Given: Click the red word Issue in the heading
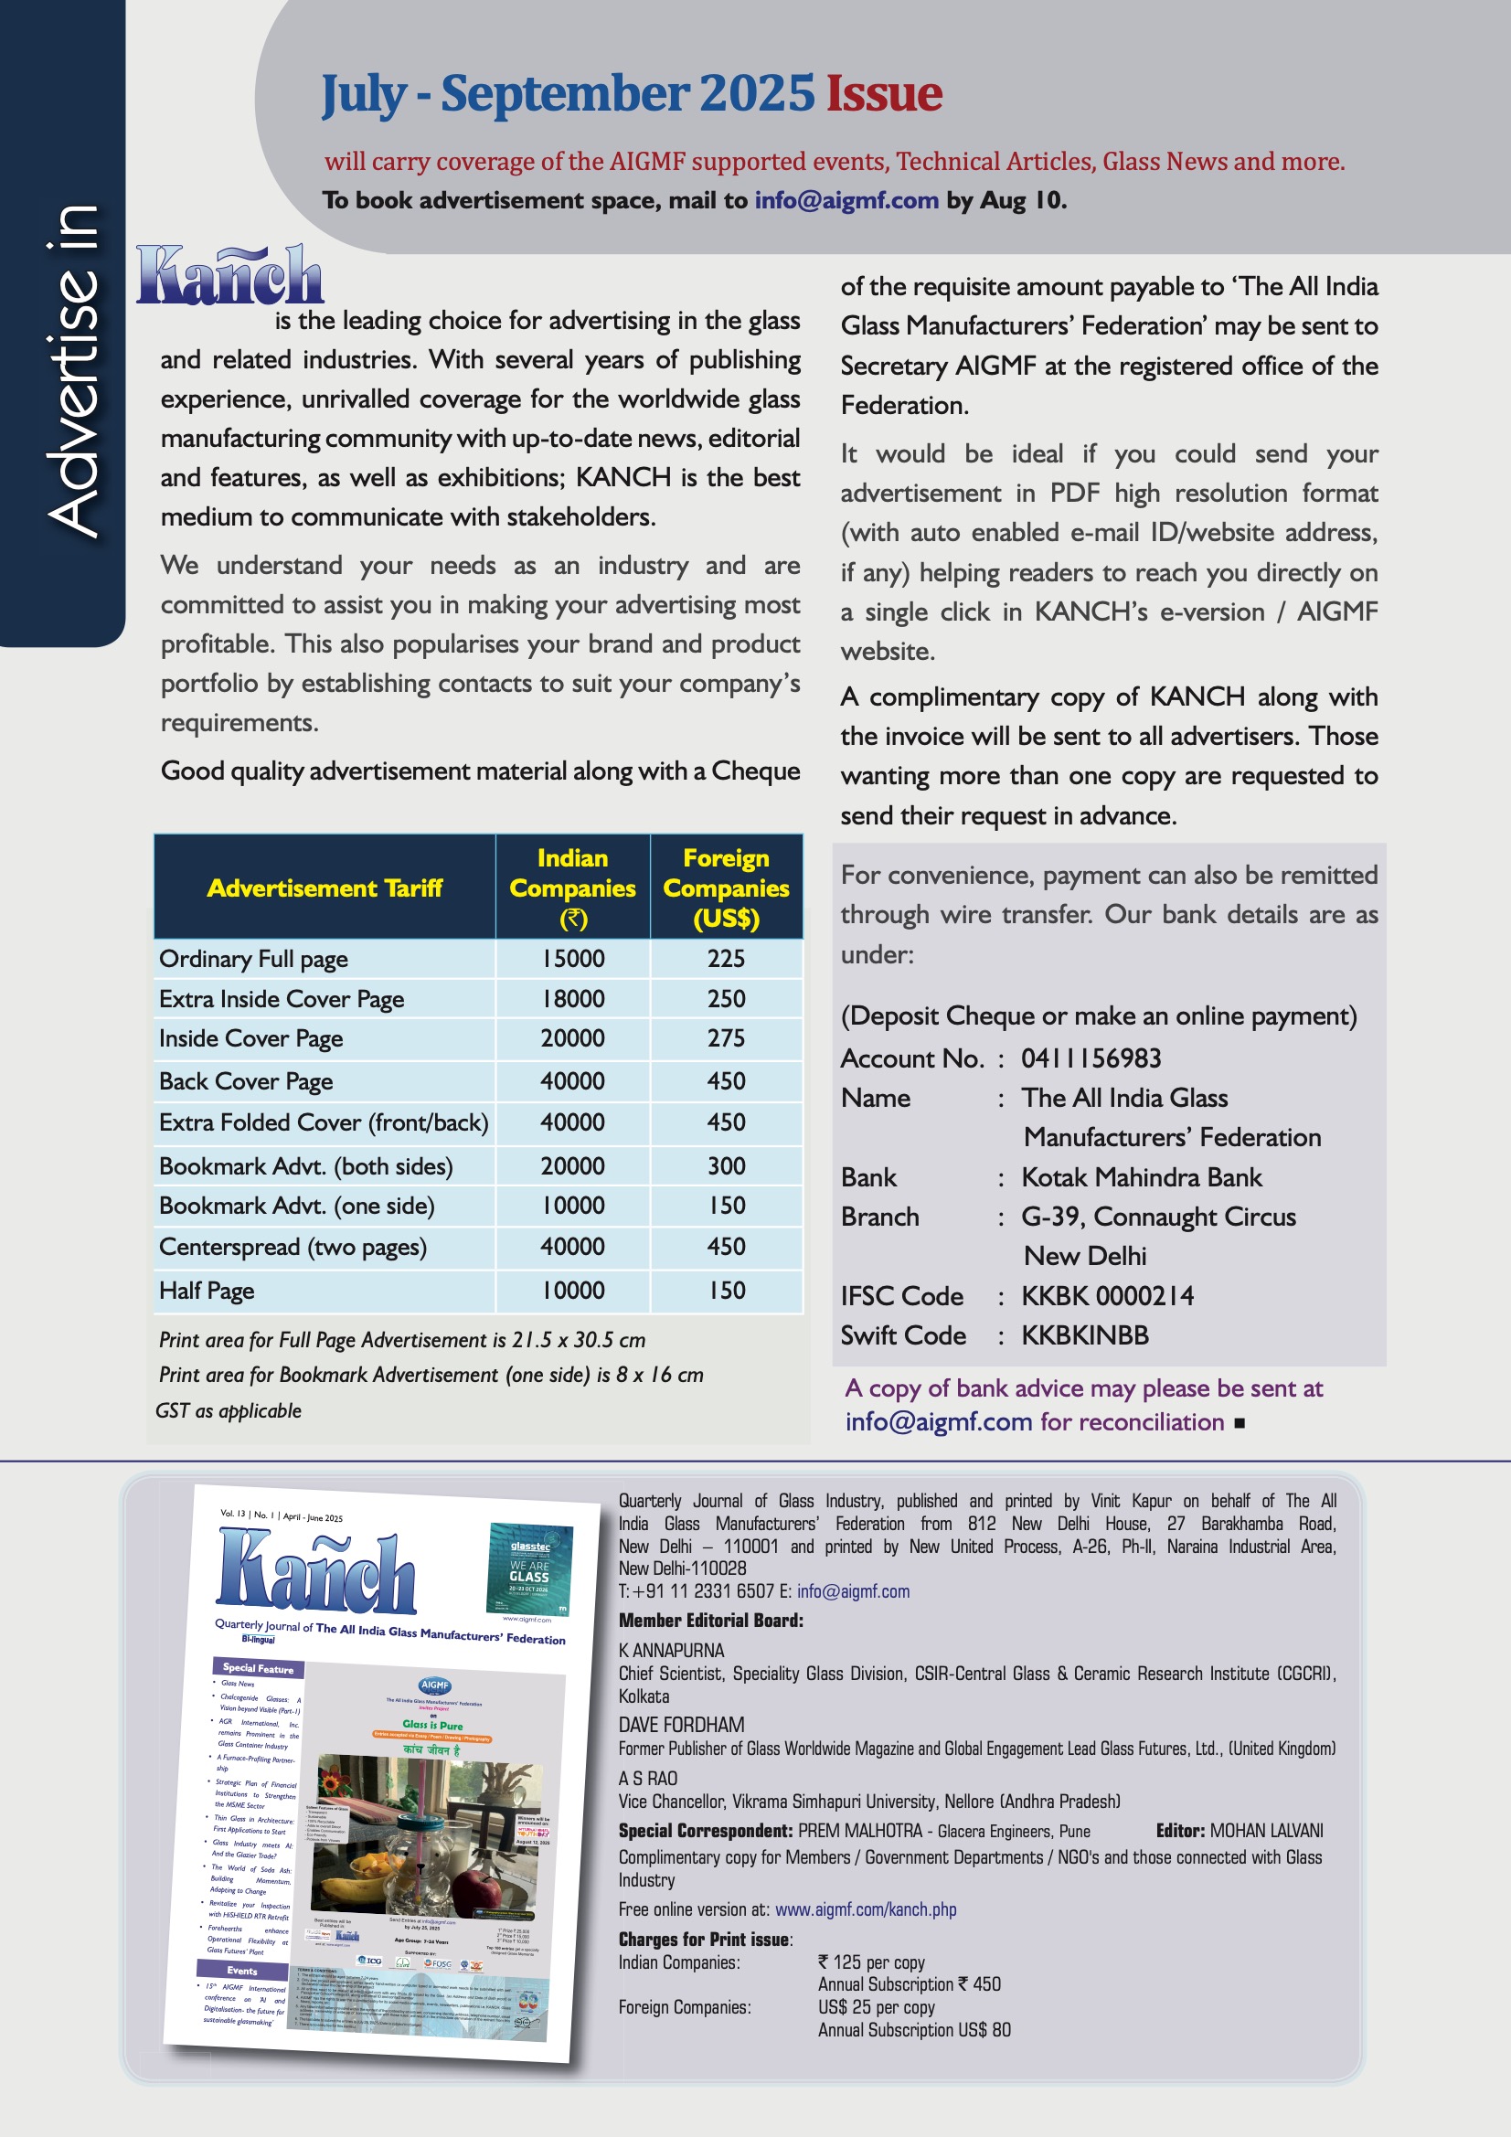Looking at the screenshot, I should [884, 94].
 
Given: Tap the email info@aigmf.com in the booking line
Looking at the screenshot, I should [846, 200].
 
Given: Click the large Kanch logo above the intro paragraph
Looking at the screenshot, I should [229, 275].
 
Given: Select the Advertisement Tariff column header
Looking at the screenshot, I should [324, 888].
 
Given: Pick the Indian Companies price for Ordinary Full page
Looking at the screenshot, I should [572, 959].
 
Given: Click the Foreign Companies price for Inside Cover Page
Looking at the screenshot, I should [725, 1037].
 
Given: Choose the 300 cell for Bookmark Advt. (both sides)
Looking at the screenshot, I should [725, 1165].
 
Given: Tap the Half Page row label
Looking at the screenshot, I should [207, 1290].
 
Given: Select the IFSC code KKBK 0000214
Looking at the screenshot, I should [1107, 1295].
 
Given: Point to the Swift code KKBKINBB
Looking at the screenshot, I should [1085, 1335].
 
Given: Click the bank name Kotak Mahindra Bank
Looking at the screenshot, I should [1142, 1177].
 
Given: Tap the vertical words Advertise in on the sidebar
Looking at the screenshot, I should [72, 370].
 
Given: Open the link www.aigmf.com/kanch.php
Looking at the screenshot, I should [865, 1910].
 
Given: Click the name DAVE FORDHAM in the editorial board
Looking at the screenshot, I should [681, 1725].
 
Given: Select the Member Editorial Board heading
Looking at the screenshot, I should [710, 1621].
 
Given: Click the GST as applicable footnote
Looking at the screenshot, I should [229, 1411].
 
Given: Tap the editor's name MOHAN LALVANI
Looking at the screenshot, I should [1265, 1831].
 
